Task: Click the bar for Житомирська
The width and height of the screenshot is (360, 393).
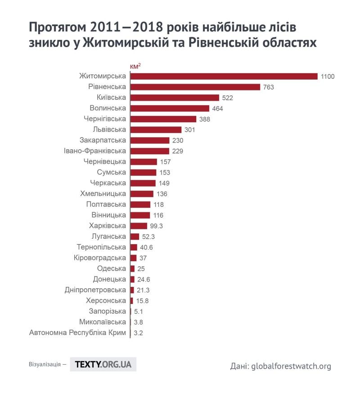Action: pyautogui.click(x=224, y=76)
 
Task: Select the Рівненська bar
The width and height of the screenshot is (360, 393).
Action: pyautogui.click(x=195, y=87)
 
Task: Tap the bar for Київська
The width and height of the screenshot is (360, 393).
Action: pyautogui.click(x=175, y=98)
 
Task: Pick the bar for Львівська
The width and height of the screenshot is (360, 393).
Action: pyautogui.click(x=156, y=130)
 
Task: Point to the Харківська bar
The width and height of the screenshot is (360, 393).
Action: pyautogui.click(x=139, y=226)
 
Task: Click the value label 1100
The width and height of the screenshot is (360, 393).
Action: pyautogui.click(x=328, y=76)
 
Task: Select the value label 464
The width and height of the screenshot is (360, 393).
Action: pyautogui.click(x=218, y=108)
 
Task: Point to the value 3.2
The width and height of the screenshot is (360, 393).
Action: pyautogui.click(x=138, y=333)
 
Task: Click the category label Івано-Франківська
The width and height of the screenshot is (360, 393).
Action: pyautogui.click(x=95, y=151)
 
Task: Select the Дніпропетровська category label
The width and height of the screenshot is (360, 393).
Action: pyautogui.click(x=95, y=290)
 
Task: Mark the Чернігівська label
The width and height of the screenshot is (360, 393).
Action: pyautogui.click(x=105, y=119)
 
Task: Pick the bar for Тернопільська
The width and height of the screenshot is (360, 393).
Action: pyautogui.click(x=134, y=247)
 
